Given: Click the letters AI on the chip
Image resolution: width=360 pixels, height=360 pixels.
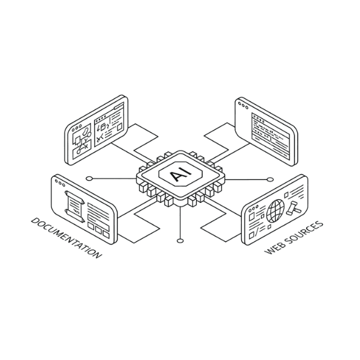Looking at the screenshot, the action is pyautogui.click(x=181, y=174).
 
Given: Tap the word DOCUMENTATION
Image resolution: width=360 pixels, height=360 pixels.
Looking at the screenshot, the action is pyautogui.click(x=66, y=238).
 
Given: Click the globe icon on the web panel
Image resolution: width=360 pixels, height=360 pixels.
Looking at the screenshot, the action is pyautogui.click(x=275, y=210).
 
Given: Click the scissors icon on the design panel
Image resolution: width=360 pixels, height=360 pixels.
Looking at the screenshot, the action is pyautogui.click(x=100, y=139).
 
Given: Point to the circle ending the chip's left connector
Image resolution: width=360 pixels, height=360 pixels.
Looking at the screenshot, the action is pyautogui.click(x=89, y=178).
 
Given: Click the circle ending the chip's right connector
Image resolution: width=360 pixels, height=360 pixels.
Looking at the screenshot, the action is pyautogui.click(x=270, y=179).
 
